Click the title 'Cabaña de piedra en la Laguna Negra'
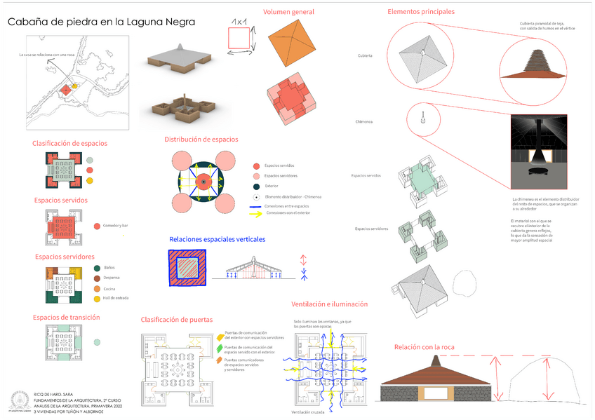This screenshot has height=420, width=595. click(101, 22)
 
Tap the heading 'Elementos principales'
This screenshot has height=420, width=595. click(421, 11)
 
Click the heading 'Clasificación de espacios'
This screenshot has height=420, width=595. click(69, 143)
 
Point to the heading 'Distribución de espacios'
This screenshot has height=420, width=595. click(201, 139)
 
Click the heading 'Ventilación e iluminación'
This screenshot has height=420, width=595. click(329, 304)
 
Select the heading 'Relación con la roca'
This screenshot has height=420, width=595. click(424, 347)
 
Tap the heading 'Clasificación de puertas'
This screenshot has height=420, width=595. click(177, 320)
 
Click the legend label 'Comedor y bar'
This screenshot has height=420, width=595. click(116, 226)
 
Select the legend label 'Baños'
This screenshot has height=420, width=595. click(109, 268)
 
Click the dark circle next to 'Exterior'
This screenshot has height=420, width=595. click(256, 187)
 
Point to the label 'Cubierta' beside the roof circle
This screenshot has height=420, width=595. click(365, 55)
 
